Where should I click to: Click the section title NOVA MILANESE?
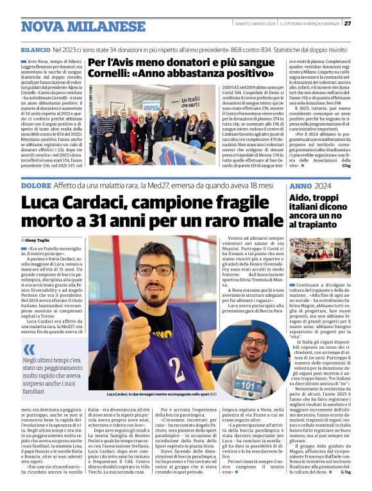83,26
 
